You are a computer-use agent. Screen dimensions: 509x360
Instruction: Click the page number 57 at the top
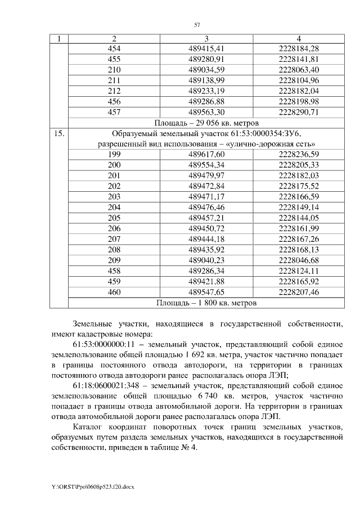197,25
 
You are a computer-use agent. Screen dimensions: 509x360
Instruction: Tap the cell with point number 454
114,48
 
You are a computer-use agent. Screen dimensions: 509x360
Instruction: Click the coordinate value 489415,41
206,48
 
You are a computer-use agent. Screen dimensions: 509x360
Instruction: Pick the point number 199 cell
114,154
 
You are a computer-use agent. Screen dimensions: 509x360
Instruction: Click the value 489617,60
206,154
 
